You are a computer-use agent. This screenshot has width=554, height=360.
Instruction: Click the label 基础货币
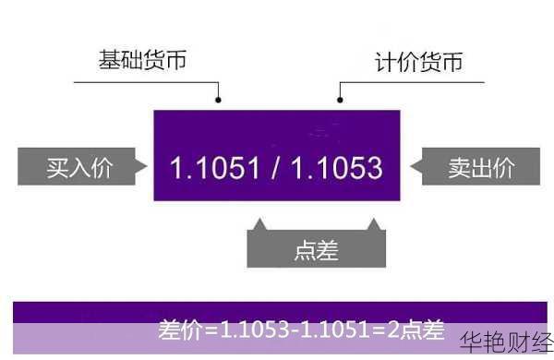click(142, 61)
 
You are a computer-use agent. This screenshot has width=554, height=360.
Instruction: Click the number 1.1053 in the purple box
click(335, 168)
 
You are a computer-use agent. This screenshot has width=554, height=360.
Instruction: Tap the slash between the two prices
click(274, 168)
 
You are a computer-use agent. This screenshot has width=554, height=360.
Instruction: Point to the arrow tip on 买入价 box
click(144, 167)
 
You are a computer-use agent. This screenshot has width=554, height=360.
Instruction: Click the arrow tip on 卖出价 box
click(412, 167)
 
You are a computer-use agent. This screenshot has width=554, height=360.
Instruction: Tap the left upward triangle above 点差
click(259, 224)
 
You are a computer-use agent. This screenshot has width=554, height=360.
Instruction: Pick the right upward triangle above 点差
click(373, 224)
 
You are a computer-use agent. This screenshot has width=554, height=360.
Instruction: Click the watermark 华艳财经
click(506, 341)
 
